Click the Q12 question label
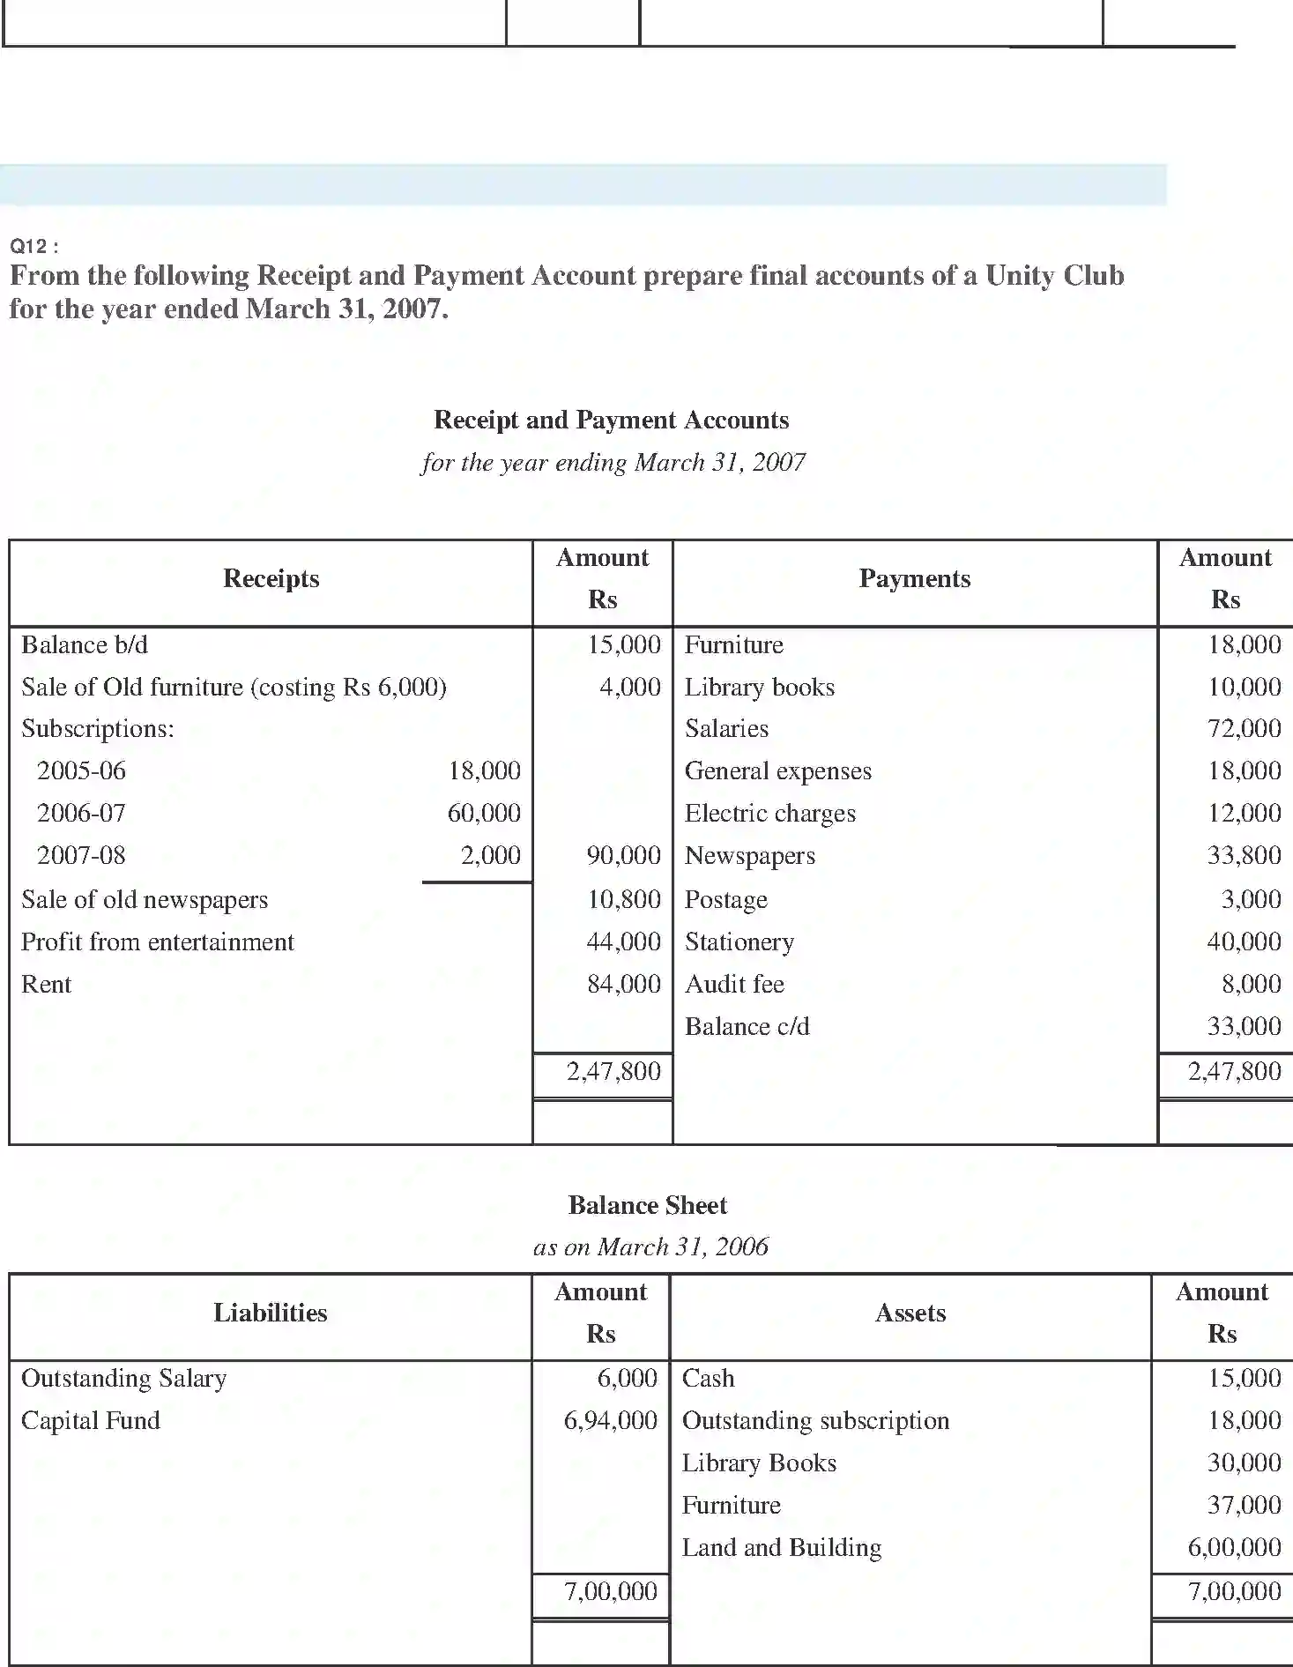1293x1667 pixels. [33, 247]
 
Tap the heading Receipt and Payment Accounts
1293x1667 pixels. [611, 420]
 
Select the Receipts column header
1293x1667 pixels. [271, 578]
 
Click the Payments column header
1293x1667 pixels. [914, 578]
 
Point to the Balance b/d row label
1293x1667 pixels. [85, 644]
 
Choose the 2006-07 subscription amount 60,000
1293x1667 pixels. [484, 813]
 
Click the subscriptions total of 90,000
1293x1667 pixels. [623, 855]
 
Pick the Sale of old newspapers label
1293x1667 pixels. [145, 899]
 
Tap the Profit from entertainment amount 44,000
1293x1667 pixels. [623, 941]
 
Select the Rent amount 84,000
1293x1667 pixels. [623, 984]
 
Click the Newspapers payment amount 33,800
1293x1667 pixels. [1244, 855]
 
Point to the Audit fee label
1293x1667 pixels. [734, 984]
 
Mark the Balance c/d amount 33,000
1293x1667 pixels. [1244, 1026]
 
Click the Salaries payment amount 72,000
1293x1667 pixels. [1244, 728]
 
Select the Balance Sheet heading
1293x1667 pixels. [647, 1205]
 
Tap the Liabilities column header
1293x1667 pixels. [270, 1313]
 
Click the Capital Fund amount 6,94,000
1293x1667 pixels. [611, 1420]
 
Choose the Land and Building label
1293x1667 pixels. [782, 1547]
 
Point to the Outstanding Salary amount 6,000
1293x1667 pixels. [627, 1378]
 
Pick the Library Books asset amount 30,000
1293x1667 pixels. [1244, 1462]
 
